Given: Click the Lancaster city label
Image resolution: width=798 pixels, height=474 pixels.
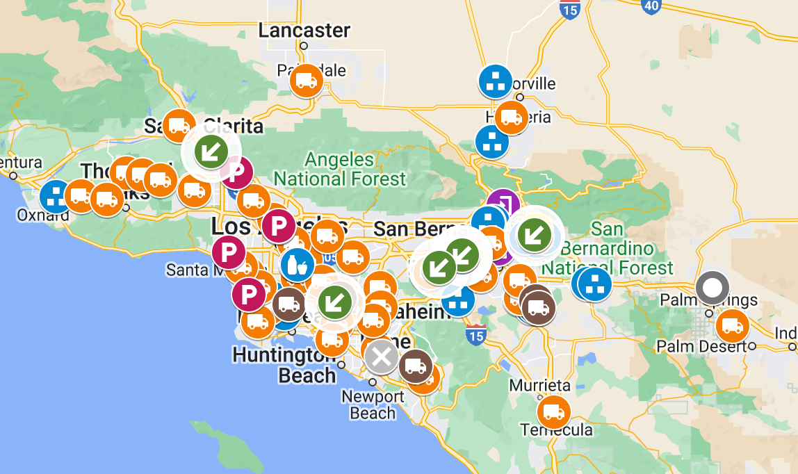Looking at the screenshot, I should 304,31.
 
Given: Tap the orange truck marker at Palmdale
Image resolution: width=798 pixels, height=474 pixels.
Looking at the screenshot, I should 307,81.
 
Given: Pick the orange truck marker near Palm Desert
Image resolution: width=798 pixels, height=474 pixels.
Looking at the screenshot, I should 731,326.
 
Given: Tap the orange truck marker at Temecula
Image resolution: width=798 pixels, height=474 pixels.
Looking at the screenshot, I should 553,411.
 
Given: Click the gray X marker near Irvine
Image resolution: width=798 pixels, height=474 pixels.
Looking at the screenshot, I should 381,357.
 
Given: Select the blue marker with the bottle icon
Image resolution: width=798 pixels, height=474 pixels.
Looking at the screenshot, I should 298,264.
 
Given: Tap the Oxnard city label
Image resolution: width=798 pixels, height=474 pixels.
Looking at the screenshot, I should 44,215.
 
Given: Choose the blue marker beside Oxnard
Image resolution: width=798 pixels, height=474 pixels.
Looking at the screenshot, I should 56,197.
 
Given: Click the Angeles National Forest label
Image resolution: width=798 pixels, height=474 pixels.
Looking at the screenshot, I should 339,170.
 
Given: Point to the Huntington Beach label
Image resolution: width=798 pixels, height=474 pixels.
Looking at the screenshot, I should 286,366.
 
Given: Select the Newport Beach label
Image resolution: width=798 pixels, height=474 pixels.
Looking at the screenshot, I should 373,405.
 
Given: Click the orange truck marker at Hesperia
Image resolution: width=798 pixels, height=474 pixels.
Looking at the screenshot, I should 511,118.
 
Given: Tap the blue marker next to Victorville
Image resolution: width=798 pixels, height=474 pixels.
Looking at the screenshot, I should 496,81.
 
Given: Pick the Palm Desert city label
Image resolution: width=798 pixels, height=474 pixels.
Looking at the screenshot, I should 702,346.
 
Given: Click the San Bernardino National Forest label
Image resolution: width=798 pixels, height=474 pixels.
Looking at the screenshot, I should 607,248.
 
